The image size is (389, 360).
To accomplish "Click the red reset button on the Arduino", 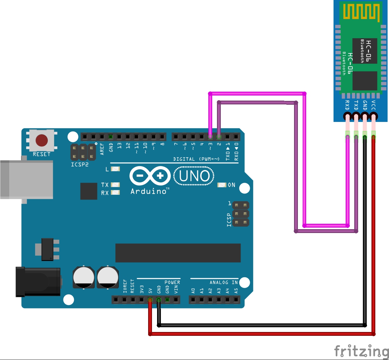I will point(42,140).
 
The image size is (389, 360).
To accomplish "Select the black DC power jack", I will point(38,282).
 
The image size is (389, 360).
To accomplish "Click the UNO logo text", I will point(194,176).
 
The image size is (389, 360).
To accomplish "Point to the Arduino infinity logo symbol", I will point(150,176).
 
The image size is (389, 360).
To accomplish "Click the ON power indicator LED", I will point(221,185).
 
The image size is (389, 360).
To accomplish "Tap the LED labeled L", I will point(115,169).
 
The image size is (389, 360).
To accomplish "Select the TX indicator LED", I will point(115,185).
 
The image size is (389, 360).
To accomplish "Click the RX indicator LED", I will point(115,193).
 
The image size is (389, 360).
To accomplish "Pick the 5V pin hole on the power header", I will point(150,300).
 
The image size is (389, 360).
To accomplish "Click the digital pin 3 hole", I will point(210,137).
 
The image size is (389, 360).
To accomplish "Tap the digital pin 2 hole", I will point(219,137).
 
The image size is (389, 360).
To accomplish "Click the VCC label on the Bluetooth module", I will point(373,105).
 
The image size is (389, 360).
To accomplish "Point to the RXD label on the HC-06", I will point(347,105).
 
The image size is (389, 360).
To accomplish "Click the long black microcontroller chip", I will point(178,253).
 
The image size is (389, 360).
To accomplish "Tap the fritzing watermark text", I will point(361,351).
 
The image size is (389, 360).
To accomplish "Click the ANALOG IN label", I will point(223,282).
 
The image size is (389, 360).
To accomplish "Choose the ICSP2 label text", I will point(80,165).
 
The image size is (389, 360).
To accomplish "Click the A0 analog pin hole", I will point(193,300).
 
